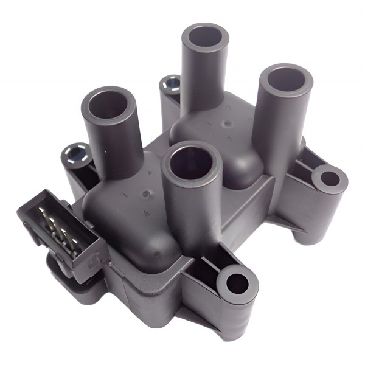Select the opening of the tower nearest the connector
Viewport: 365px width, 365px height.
coord(108,103)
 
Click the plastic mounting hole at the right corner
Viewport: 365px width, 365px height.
coord(330,179)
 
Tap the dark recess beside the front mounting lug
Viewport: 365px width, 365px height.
coord(204,268)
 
